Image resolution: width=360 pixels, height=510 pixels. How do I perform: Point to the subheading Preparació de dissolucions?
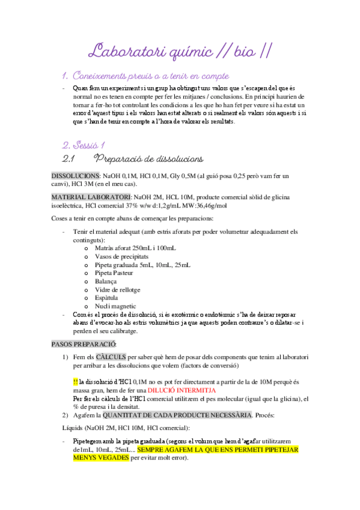pos(148,159)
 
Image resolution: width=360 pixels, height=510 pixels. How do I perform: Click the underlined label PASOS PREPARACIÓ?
pos(84,344)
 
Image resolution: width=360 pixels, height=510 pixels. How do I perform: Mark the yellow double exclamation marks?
pos(75,381)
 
